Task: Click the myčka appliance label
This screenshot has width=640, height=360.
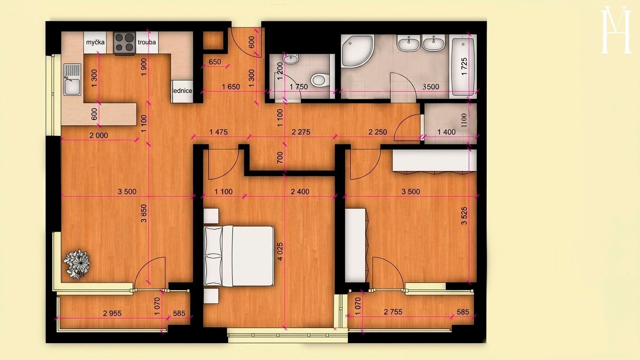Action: coord(96,42)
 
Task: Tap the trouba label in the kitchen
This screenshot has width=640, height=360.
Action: coord(147,42)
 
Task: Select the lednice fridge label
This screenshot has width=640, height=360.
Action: coord(183,91)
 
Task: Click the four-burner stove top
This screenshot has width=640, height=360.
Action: coord(125,43)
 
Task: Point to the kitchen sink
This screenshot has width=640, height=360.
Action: coord(72,79)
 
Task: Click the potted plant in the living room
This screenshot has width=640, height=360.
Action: coord(77,264)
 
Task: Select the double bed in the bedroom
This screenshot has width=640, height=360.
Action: coord(239,256)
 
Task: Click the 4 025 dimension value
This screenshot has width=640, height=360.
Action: coord(280,251)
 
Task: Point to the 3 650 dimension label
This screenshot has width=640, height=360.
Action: coord(144,213)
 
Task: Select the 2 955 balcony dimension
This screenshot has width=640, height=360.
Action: coord(112,314)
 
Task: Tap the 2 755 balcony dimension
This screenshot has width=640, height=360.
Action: coord(393,312)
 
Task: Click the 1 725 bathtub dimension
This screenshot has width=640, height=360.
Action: coord(465,67)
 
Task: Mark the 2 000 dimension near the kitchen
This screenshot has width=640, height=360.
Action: coord(99,135)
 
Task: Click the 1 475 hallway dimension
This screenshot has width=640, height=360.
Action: coord(218,132)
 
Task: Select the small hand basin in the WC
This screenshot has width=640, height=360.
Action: coord(291,59)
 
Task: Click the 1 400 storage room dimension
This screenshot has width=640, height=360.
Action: coord(446,132)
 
